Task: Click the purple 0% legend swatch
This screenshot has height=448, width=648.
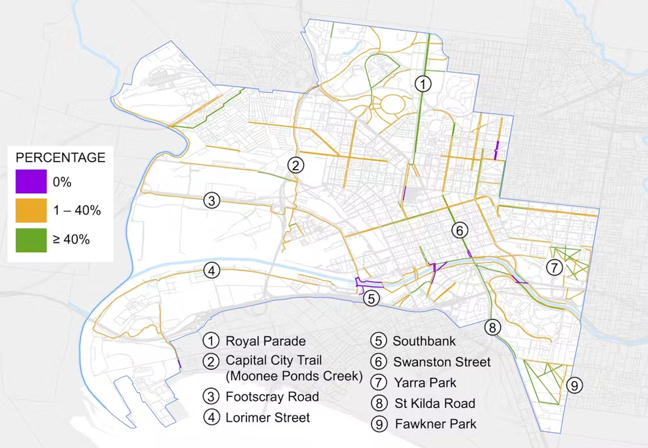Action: click(x=31, y=183)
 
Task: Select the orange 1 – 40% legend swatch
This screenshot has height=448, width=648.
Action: click(x=31, y=211)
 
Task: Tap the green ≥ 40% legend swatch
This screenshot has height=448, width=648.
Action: click(x=31, y=239)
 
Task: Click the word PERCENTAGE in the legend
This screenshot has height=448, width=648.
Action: click(x=60, y=157)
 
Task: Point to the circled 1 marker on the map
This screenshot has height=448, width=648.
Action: click(x=424, y=84)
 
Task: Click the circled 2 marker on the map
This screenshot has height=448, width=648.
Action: click(x=295, y=165)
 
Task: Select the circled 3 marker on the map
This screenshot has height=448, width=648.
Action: click(x=210, y=200)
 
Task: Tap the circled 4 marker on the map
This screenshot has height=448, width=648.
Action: click(x=211, y=271)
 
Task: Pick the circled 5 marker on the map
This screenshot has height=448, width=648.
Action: click(x=371, y=298)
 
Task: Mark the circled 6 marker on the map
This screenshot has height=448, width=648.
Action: click(x=459, y=230)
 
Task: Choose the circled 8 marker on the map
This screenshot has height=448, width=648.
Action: click(x=492, y=328)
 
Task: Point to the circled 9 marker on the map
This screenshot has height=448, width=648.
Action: click(x=574, y=385)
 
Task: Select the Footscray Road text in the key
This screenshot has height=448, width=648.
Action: click(x=272, y=396)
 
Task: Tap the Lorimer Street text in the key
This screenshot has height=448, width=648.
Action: click(x=267, y=417)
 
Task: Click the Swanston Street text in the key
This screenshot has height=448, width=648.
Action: click(x=442, y=362)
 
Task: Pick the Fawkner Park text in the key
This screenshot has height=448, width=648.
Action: click(x=435, y=423)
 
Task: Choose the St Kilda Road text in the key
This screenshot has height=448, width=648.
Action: click(x=434, y=403)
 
